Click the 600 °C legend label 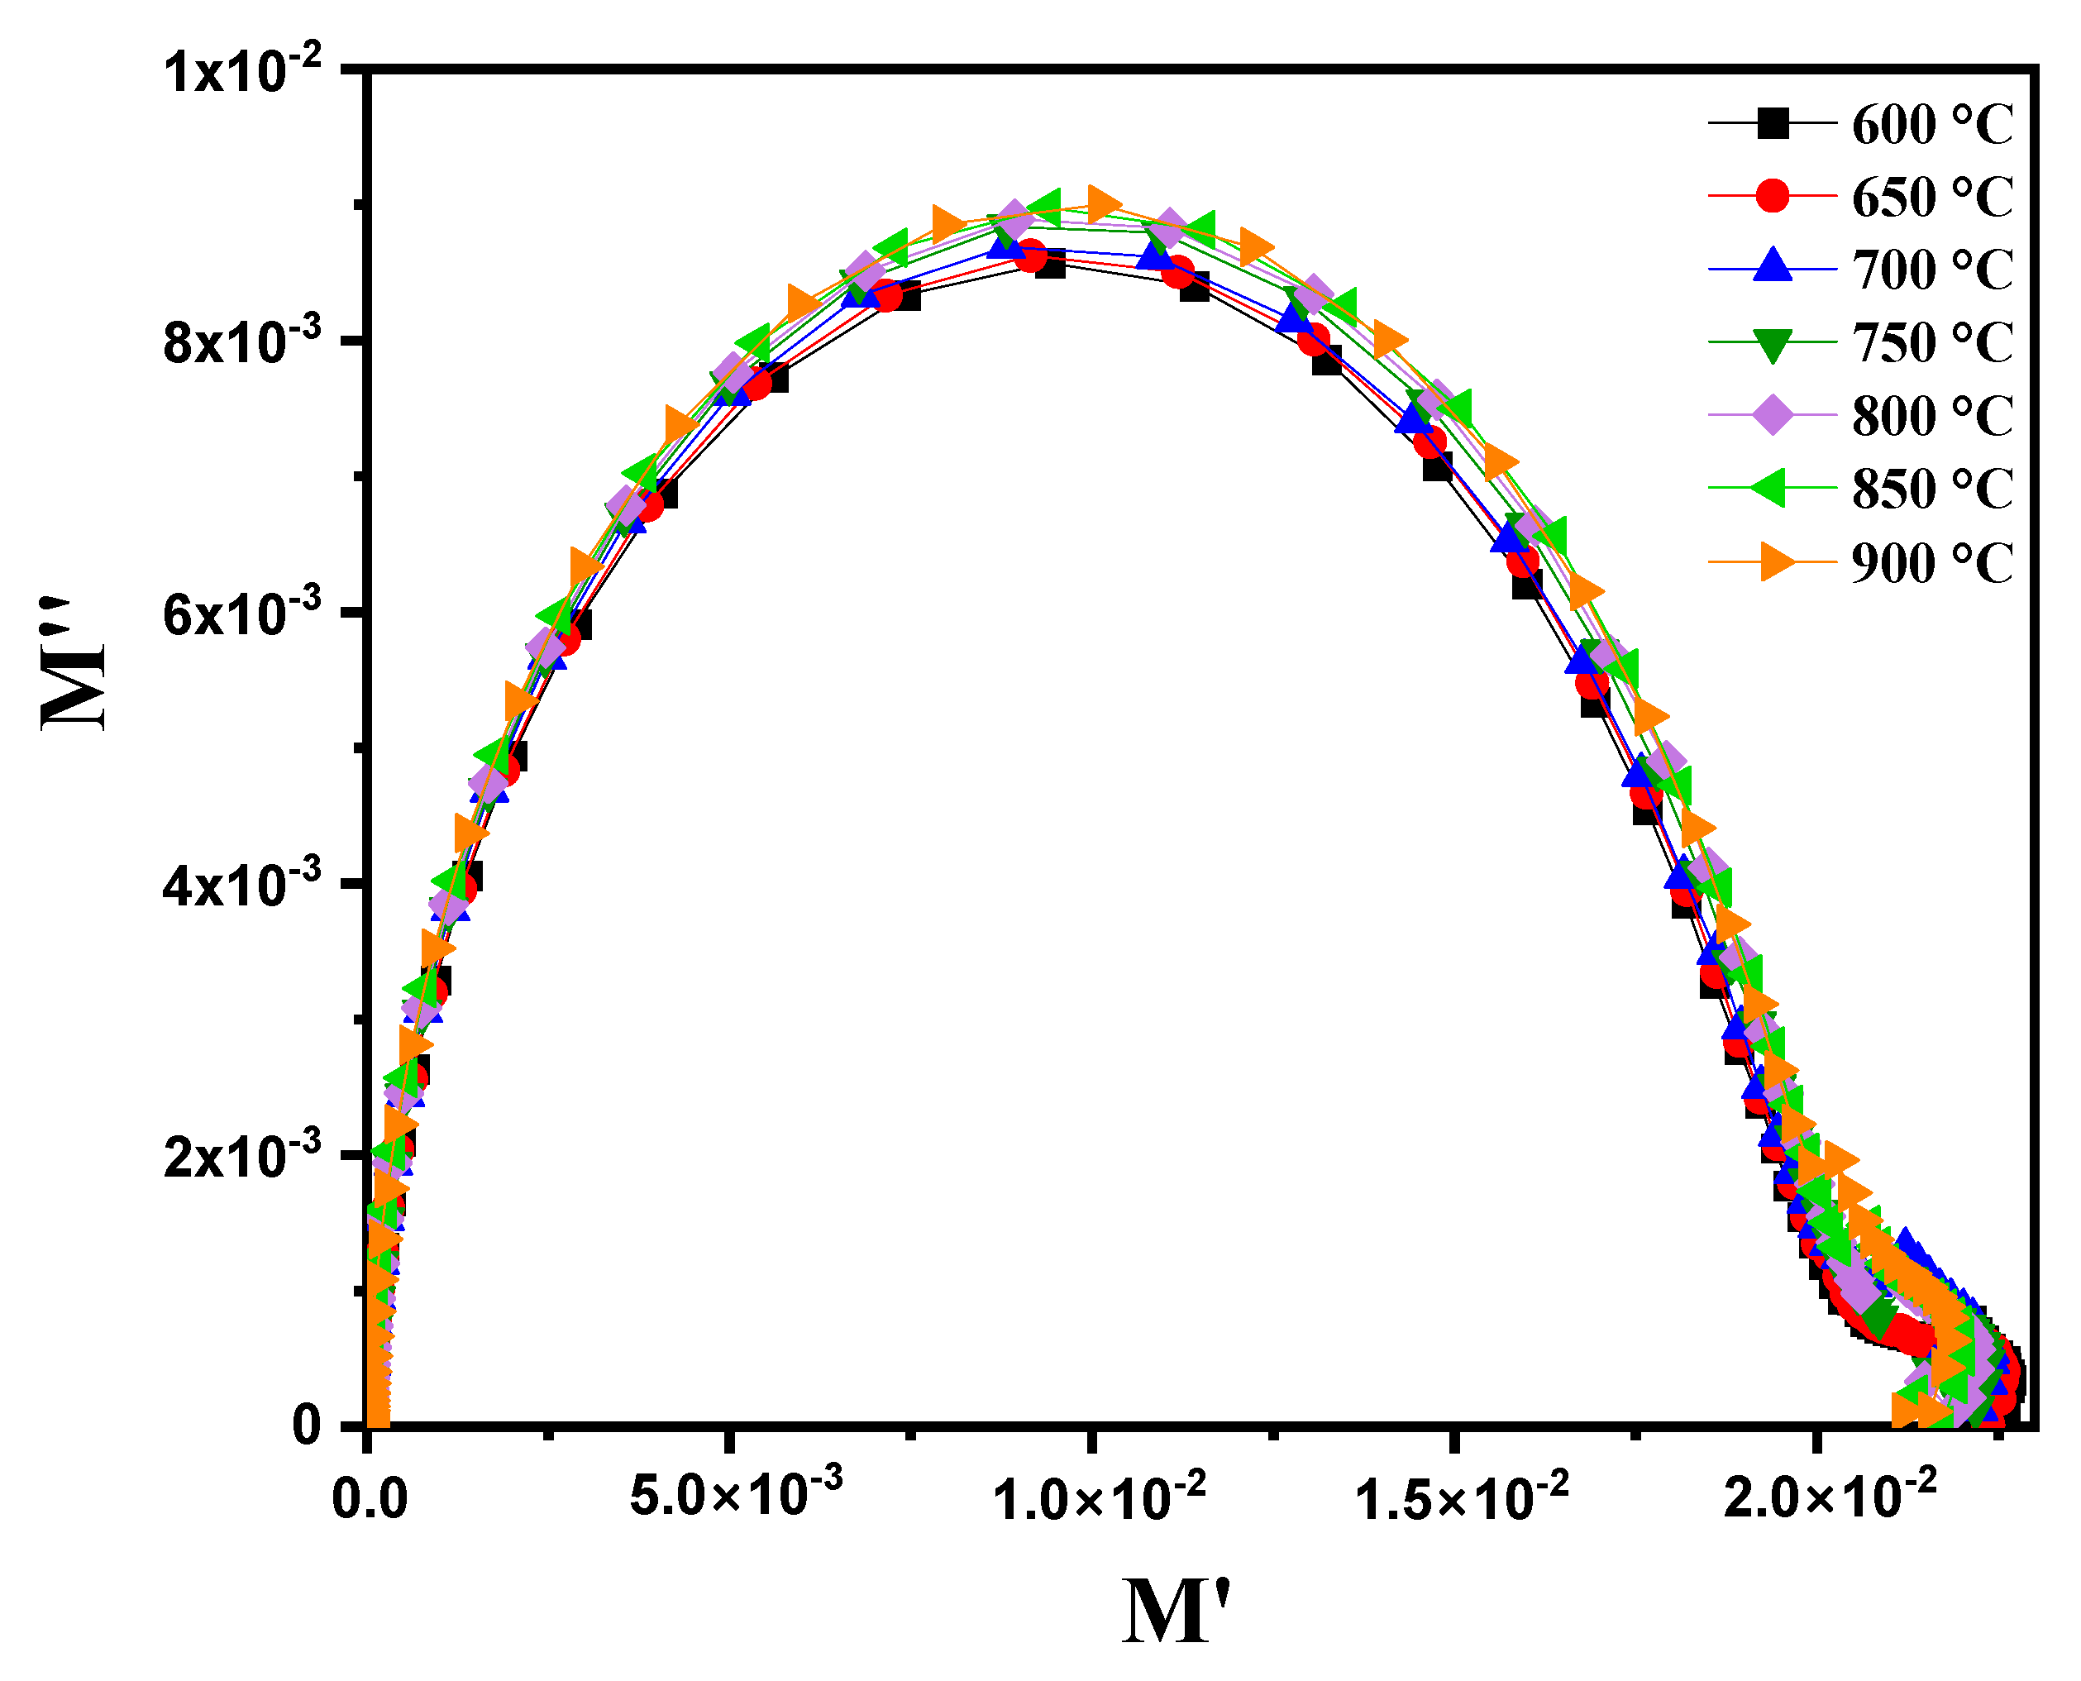(1932, 125)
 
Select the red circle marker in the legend (1772, 196)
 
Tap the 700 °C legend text (1932, 270)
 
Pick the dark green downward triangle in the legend (1772, 344)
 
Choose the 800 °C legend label (1932, 417)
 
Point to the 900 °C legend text (1932, 562)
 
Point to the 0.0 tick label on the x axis (369, 1498)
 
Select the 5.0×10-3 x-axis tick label (736, 1492)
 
